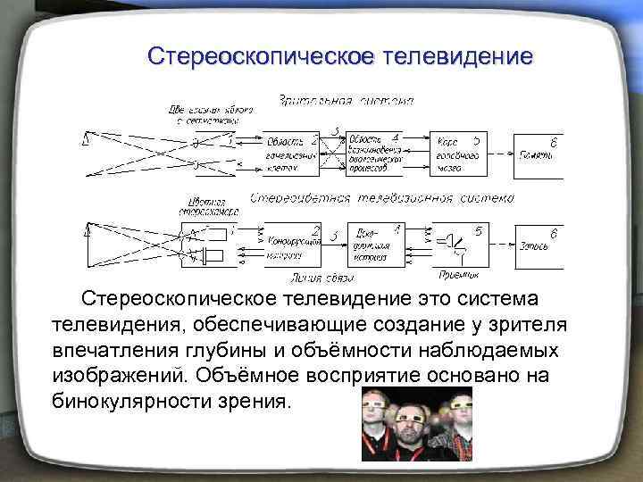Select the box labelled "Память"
click(x=539, y=152)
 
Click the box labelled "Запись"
click(x=539, y=242)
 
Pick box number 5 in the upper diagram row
click(x=459, y=152)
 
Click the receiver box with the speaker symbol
click(x=459, y=242)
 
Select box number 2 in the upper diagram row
click(x=292, y=153)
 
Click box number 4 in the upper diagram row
click(x=374, y=153)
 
